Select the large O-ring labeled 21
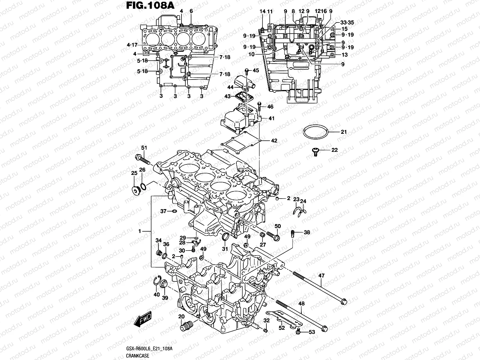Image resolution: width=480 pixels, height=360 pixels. click(315, 132)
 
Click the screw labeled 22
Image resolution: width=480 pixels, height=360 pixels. click(315, 151)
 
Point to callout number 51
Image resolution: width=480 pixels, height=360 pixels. click(144, 147)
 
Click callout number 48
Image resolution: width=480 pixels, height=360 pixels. click(301, 304)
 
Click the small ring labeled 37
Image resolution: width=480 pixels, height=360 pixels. click(173, 211)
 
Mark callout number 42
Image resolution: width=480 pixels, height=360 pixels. click(274, 141)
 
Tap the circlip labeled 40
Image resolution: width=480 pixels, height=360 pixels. click(156, 281)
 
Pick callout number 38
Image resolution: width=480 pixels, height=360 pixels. click(307, 232)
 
